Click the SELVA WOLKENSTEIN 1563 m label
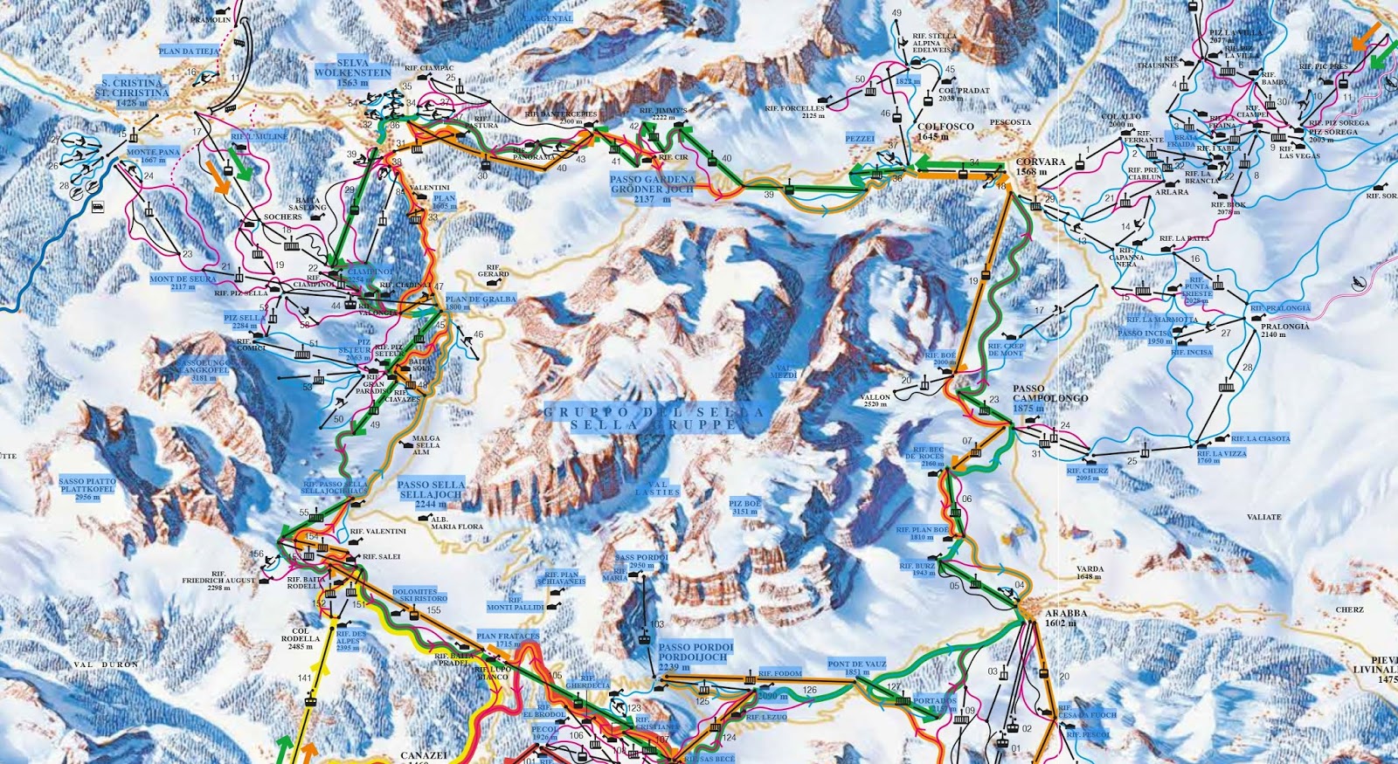(352, 73)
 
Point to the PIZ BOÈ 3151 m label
(744, 507)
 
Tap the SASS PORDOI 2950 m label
(641, 561)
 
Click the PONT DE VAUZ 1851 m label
(857, 669)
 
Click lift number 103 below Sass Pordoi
(657, 623)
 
